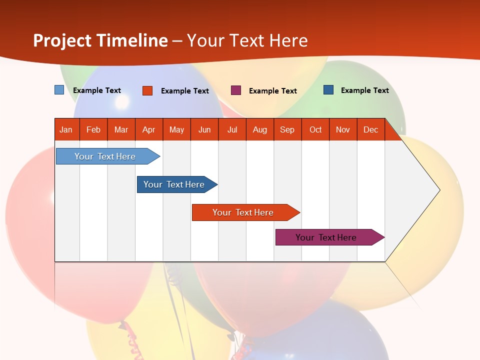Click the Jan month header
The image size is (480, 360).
(x=66, y=129)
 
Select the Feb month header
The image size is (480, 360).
(x=93, y=129)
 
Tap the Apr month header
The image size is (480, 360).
(x=148, y=129)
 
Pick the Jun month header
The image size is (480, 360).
(x=204, y=129)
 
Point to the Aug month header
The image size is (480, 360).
(x=259, y=129)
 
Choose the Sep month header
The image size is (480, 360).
(x=287, y=129)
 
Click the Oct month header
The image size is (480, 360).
(x=315, y=129)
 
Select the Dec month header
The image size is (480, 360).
(x=370, y=129)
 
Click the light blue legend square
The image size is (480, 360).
(x=59, y=90)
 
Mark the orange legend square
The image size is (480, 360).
(x=147, y=90)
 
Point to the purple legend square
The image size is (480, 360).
(x=236, y=90)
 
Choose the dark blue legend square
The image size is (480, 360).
(x=328, y=90)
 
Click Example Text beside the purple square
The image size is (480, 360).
(x=272, y=91)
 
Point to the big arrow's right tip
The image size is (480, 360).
(x=438, y=190)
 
